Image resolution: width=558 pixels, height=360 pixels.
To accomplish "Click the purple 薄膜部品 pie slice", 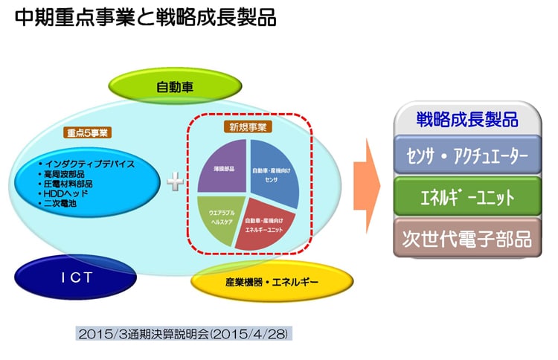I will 223,168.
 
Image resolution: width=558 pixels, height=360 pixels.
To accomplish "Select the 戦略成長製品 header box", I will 467,120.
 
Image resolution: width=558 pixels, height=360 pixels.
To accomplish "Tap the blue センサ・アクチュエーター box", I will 467,157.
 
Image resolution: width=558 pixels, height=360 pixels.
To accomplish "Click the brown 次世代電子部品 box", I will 467,240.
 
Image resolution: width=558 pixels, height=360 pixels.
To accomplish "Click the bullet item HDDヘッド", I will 66,193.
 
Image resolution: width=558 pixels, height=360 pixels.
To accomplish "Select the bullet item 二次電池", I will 62,202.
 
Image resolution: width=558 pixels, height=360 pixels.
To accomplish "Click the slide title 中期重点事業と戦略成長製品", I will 145,18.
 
